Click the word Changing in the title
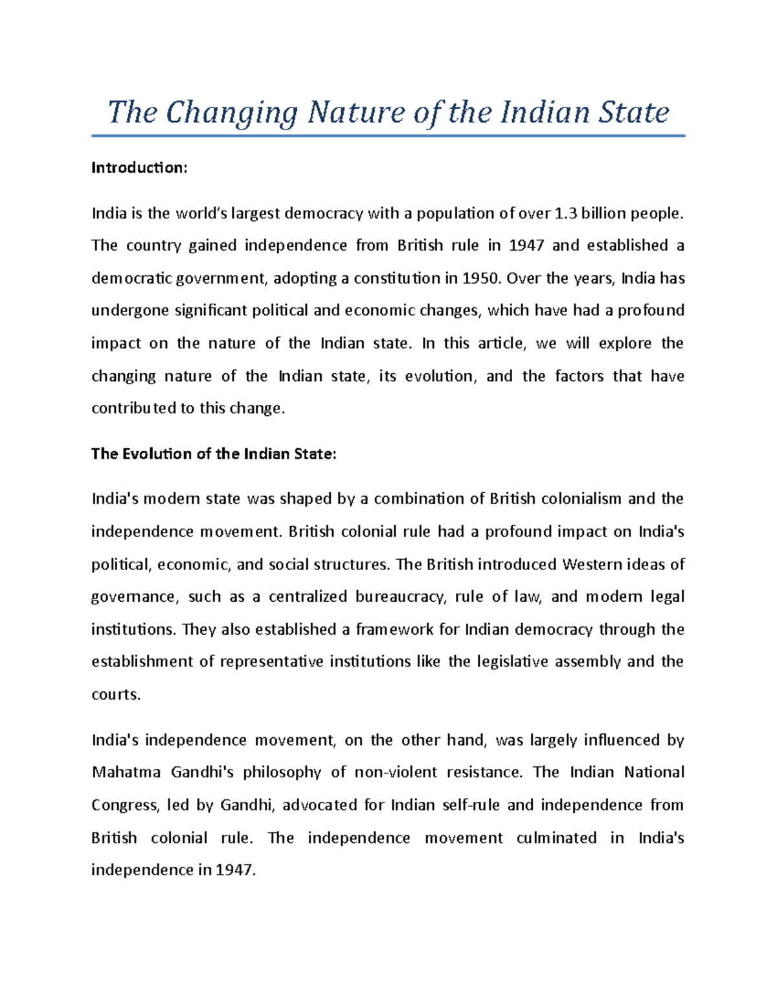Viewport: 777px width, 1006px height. pyautogui.click(x=231, y=113)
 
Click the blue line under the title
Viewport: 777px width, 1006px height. pyautogui.click(x=388, y=136)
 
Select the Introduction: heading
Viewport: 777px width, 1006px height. pyautogui.click(x=139, y=168)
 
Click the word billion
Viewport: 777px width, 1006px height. pyautogui.click(x=605, y=213)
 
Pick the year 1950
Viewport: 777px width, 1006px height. pyautogui.click(x=481, y=279)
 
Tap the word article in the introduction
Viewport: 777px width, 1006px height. pyautogui.click(x=499, y=343)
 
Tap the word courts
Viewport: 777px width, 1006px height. pyautogui.click(x=115, y=694)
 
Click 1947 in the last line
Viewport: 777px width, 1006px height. pyautogui.click(x=235, y=870)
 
